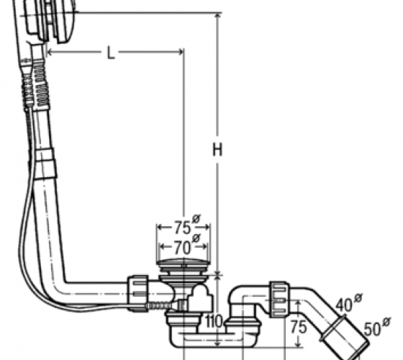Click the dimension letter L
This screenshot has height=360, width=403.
(111, 53)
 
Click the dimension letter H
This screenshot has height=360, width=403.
(217, 149)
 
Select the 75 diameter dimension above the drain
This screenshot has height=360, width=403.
(183, 228)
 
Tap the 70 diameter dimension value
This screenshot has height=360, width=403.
(183, 248)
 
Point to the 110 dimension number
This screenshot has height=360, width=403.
(213, 321)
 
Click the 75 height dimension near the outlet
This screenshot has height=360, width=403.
(299, 327)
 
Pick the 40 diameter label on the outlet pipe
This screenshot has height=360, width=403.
(345, 305)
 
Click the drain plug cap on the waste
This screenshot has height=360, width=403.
(184, 263)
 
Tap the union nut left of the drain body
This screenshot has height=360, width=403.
(137, 293)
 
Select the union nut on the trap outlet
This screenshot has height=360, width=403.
(279, 299)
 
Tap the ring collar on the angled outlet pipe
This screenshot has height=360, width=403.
(332, 328)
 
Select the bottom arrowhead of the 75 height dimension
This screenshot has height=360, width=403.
(298, 344)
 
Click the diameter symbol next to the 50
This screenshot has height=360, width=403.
(386, 322)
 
